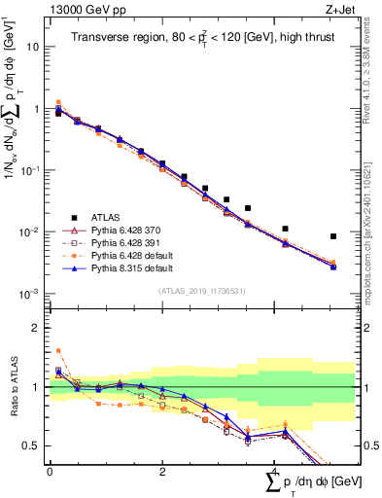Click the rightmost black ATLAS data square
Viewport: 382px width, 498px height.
pos(333,236)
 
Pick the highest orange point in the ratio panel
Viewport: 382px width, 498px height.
pos(58,350)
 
